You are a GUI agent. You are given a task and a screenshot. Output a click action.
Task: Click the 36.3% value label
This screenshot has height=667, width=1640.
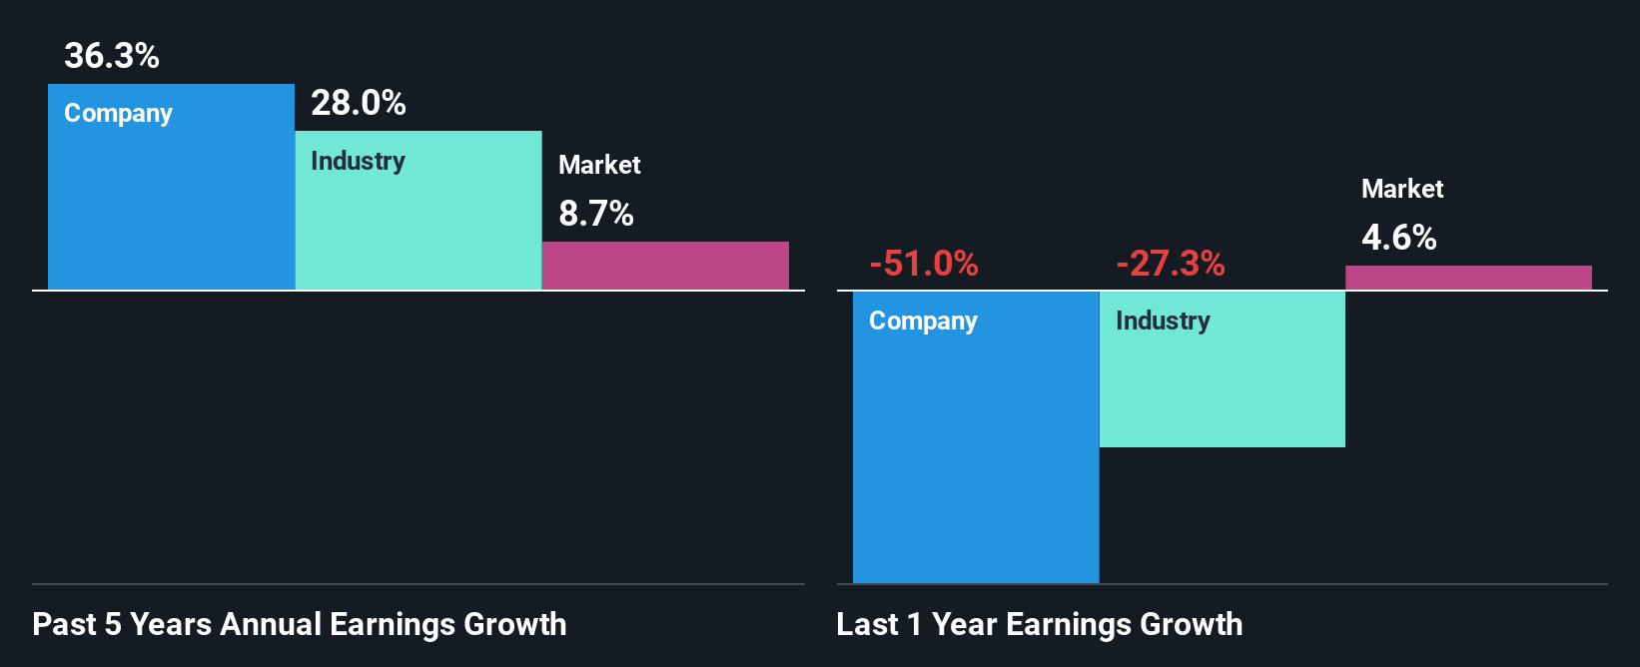(112, 56)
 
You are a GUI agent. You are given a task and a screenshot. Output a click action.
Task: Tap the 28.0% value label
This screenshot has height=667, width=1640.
(359, 103)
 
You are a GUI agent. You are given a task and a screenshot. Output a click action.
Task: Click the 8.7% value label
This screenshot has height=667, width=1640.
(596, 214)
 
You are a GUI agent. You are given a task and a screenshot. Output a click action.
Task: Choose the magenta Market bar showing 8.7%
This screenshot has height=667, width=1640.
(665, 266)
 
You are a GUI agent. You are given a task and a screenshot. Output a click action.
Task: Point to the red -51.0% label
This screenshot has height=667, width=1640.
(924, 264)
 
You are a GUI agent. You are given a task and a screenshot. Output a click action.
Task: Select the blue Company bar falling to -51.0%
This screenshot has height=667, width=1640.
(976, 449)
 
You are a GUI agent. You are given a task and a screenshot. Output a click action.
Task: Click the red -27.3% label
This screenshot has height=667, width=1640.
(1171, 264)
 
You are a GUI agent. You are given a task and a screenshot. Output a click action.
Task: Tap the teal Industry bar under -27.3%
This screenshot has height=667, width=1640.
(1223, 389)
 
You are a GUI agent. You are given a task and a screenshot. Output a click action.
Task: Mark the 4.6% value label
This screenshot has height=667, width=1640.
(1399, 238)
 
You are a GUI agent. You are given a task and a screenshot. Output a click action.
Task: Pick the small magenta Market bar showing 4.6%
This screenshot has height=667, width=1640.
(1468, 278)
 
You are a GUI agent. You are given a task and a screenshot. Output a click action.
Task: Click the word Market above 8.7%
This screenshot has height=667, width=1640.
(599, 165)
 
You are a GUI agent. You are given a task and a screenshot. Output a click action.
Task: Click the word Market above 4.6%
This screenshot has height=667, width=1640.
(1402, 189)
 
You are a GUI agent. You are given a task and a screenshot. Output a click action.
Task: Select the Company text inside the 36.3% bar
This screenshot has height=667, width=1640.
(118, 114)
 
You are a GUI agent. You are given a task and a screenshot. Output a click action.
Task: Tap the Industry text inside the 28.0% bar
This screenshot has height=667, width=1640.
(358, 161)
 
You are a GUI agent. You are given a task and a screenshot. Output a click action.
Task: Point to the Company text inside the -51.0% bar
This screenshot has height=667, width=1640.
(923, 322)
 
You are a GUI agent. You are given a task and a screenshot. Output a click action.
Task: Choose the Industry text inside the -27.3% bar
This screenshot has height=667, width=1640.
(1163, 321)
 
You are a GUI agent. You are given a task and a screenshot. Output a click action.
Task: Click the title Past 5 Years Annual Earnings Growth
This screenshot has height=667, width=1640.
(300, 624)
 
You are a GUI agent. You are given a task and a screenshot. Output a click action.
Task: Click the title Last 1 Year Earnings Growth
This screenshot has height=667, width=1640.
(1040, 624)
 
